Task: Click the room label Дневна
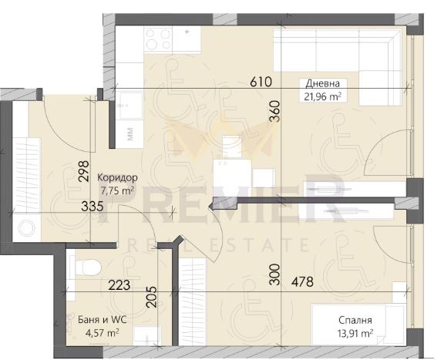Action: [x=322, y=83]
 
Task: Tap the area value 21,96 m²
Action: [x=322, y=96]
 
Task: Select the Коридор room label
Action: [x=117, y=177]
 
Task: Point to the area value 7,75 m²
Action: [x=117, y=190]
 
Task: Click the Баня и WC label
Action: [x=103, y=320]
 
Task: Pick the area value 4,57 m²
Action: [x=103, y=333]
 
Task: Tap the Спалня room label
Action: [x=355, y=321]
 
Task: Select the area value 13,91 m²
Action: [x=355, y=333]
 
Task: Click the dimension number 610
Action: [x=261, y=82]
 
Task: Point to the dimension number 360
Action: [x=275, y=112]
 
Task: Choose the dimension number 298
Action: [x=84, y=171]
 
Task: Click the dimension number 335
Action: [x=92, y=206]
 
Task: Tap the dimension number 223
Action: [x=119, y=285]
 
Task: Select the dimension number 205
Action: [x=152, y=297]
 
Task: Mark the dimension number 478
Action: [x=303, y=281]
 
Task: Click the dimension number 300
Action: [x=274, y=274]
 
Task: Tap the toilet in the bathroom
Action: [x=89, y=267]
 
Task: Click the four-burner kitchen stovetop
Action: [x=158, y=39]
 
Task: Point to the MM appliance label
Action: [x=130, y=134]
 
